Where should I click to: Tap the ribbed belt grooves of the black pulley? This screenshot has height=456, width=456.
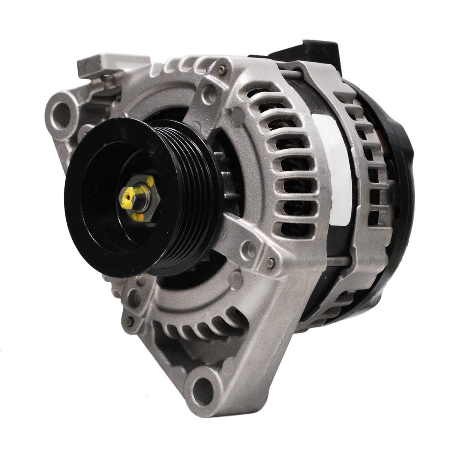pyautogui.click(x=196, y=202)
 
